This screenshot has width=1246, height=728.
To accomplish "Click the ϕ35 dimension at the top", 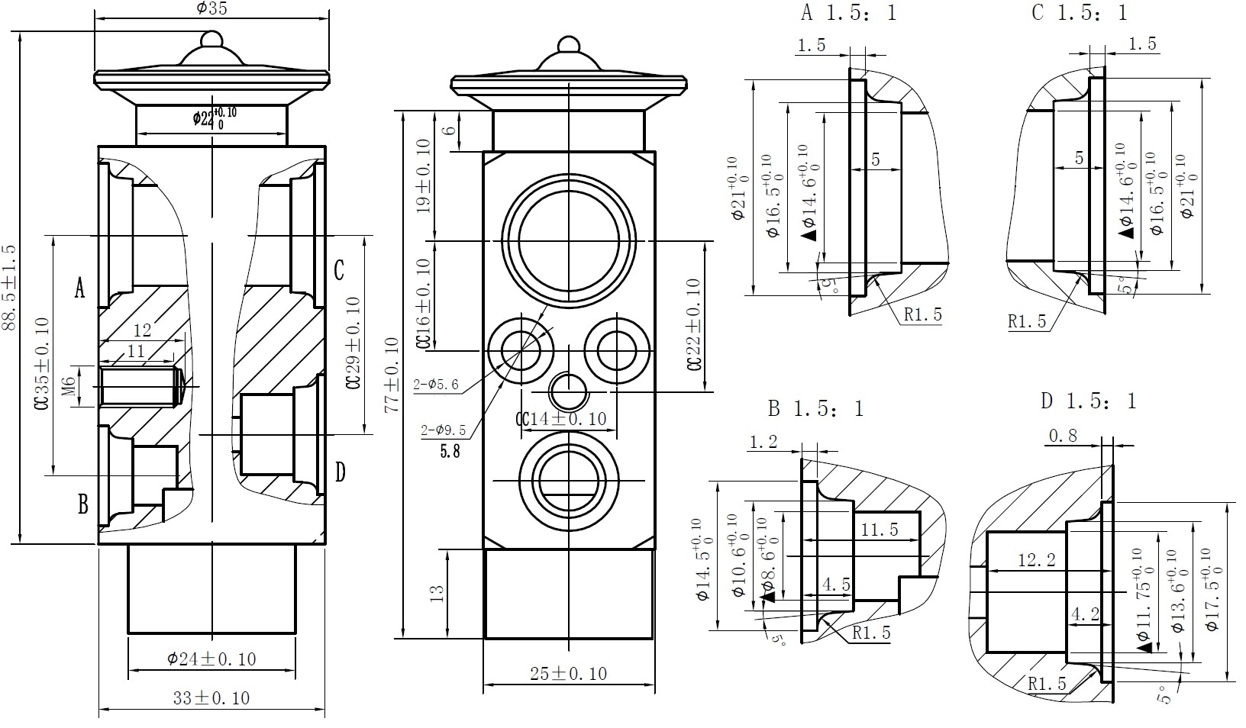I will [x=211, y=8].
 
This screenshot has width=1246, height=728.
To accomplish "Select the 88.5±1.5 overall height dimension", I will [x=8, y=288].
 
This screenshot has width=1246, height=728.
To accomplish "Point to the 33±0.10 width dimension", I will [x=211, y=697].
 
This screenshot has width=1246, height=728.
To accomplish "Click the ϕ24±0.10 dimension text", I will [x=211, y=658].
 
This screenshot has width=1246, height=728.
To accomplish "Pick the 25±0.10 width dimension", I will [x=569, y=673].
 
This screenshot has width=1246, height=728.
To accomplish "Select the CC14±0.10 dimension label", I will [x=561, y=418].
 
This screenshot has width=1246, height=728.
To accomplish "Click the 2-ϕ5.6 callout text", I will [x=436, y=385].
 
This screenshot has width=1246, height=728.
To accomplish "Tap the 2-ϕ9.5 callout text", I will [x=443, y=430].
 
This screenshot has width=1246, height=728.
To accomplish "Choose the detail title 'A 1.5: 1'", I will [x=848, y=13].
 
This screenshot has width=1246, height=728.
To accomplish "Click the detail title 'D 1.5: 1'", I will [x=1088, y=401].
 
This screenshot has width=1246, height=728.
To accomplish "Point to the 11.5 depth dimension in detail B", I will [x=880, y=529].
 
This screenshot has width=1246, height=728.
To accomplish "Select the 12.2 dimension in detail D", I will [x=1037, y=560].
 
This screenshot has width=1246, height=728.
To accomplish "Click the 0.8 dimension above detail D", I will [x=1063, y=436].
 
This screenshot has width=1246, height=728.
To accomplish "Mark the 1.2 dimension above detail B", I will [x=763, y=441].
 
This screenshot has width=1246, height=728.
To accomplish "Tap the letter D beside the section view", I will [x=341, y=472].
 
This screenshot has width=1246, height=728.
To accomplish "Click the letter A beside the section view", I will [x=79, y=288].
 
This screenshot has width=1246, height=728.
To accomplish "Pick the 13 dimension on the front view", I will [x=437, y=593].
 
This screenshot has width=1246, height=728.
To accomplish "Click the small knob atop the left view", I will [x=211, y=38].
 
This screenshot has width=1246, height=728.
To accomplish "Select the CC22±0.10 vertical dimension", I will [x=693, y=324].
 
